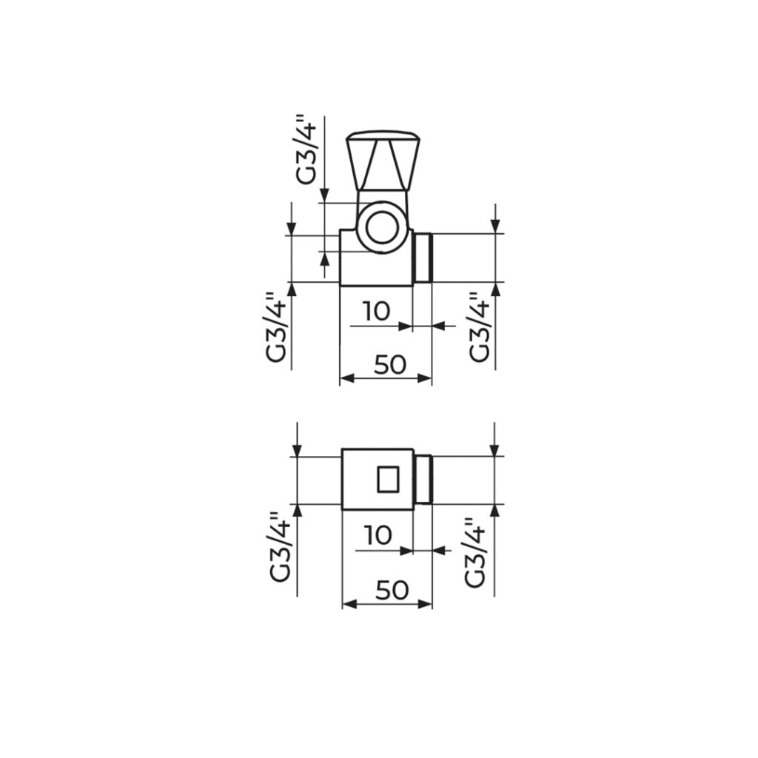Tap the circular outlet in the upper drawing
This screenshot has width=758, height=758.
click(x=382, y=227)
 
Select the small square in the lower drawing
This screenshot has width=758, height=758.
click(x=388, y=480)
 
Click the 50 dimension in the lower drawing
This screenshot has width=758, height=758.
click(x=392, y=590)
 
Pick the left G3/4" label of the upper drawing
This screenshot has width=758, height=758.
click(x=276, y=326)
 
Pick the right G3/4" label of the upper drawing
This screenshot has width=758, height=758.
click(x=480, y=326)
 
